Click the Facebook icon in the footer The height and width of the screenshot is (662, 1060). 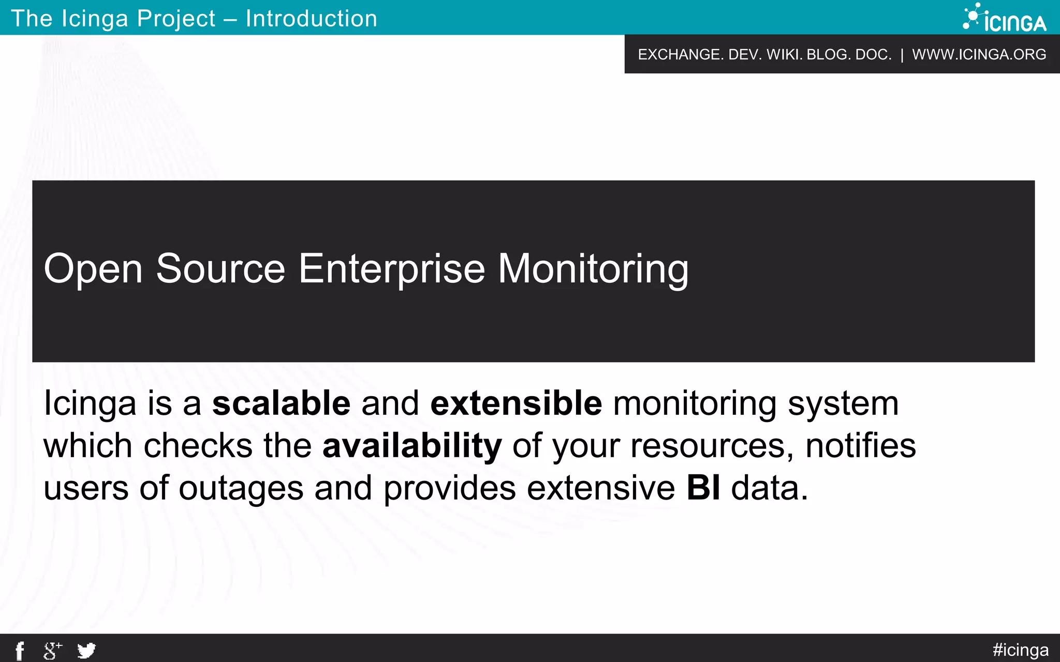[20, 651]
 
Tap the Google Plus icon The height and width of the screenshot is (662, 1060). [52, 651]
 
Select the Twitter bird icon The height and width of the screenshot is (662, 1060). [86, 650]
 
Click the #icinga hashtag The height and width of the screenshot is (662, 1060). [1020, 650]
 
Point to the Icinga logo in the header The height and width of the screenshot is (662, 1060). [1005, 18]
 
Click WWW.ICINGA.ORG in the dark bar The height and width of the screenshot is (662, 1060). [979, 54]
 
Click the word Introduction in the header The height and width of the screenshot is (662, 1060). [312, 19]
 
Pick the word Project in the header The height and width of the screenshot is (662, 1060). [176, 19]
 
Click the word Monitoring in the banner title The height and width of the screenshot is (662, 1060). [593, 269]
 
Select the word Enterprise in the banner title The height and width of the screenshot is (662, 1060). [392, 269]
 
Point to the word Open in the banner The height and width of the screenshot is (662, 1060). [93, 269]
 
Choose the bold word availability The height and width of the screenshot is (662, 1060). [412, 445]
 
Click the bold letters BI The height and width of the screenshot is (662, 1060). [703, 488]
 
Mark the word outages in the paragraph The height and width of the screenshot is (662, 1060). [241, 488]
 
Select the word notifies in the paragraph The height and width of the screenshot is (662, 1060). [861, 445]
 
